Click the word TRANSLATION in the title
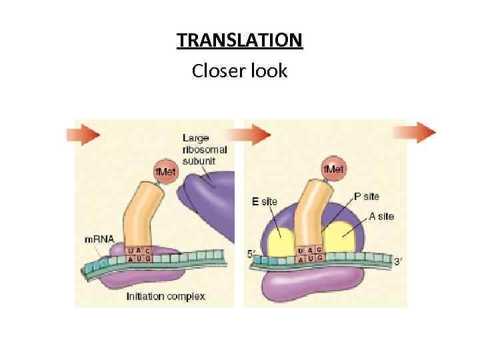(240, 41)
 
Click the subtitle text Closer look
(239, 70)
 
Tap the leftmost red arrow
(84, 135)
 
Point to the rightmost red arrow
(421, 132)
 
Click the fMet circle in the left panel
(165, 172)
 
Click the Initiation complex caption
(165, 296)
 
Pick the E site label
(265, 201)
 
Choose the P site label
(366, 196)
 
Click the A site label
(381, 216)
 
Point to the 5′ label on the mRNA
(251, 254)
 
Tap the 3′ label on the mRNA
(397, 262)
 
